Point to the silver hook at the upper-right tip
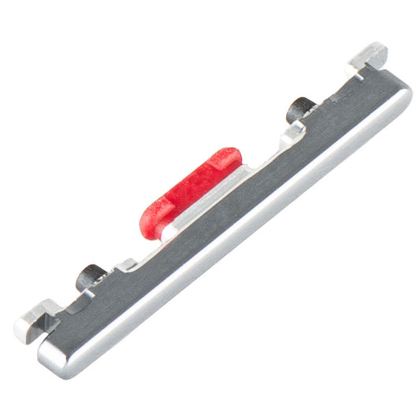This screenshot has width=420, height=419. pyautogui.click(x=369, y=56)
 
